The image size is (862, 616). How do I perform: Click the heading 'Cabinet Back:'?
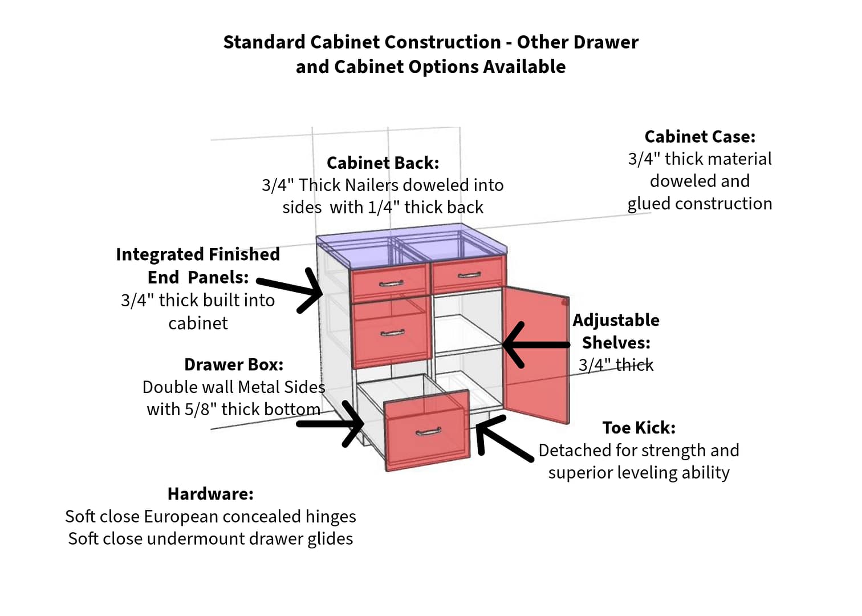point(383,163)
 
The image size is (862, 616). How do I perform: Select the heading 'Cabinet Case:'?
point(700,137)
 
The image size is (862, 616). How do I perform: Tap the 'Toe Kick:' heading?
point(639,428)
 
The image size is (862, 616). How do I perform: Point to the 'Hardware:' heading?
point(210,494)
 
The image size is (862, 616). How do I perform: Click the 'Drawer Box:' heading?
point(234,364)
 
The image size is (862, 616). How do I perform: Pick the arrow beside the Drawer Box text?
point(334,424)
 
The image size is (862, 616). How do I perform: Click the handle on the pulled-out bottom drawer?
point(428,431)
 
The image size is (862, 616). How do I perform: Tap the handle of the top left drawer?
point(391,283)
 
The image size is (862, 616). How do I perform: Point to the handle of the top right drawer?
point(469,275)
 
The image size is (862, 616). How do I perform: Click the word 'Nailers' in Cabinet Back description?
point(375,185)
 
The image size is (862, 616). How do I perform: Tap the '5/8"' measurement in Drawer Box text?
point(200,410)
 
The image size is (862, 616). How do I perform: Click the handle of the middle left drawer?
point(392,333)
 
